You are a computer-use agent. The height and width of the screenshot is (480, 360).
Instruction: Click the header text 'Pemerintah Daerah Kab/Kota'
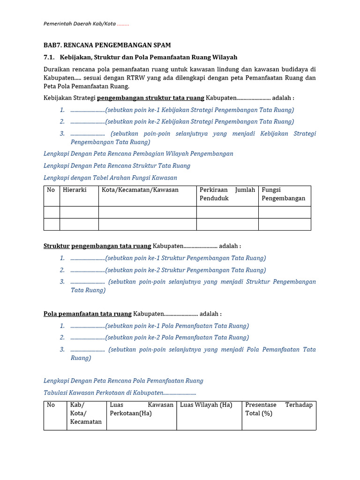[x=79, y=24]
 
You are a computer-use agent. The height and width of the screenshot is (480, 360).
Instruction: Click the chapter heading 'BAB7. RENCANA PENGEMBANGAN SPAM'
[x=107, y=45]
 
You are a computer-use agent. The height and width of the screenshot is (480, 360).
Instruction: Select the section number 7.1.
[x=49, y=57]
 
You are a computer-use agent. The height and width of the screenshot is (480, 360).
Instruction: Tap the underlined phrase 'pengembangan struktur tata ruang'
[x=150, y=98]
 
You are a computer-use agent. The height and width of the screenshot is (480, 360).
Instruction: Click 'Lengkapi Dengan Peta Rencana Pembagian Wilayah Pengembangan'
[x=138, y=154]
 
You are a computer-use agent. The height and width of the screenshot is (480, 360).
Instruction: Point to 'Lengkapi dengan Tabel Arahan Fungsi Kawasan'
[x=110, y=178]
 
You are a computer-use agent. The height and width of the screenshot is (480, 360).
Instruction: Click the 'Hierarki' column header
[x=75, y=190]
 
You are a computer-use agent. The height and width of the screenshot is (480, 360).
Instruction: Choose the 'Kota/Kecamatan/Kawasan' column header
[x=140, y=190]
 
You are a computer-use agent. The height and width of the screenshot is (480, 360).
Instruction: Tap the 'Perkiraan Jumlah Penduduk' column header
[x=227, y=194]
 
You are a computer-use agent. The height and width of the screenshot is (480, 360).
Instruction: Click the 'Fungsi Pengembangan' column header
[x=283, y=194]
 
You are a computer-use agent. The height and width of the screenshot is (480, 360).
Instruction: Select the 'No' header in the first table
[x=51, y=190]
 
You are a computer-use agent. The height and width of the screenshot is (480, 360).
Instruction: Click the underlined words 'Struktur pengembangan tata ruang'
[x=97, y=246]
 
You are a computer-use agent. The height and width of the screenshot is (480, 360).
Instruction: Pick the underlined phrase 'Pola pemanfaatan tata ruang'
[x=88, y=314]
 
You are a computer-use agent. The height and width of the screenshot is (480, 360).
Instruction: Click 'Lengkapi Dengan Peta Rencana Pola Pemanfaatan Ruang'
[x=124, y=381]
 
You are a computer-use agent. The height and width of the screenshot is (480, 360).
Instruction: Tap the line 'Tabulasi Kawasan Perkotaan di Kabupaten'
[x=120, y=393]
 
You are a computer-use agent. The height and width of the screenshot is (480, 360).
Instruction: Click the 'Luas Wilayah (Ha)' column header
[x=206, y=405]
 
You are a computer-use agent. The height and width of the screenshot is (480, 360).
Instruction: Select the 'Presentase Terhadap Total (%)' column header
[x=278, y=409]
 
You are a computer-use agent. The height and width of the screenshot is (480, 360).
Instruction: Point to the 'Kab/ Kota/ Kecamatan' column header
[x=86, y=413]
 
